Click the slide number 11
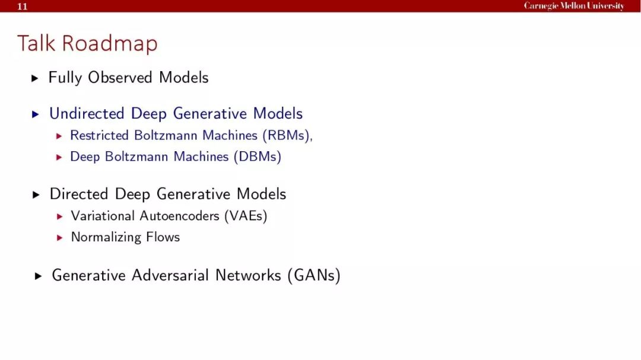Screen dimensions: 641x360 [22, 6]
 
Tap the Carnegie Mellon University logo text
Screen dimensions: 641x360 [574, 6]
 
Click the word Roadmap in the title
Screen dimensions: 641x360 [110, 44]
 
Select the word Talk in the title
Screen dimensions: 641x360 [36, 43]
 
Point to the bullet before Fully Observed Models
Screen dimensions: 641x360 [35, 78]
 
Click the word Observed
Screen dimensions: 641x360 [120, 77]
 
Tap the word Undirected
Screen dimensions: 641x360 [87, 113]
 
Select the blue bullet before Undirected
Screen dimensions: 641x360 [36, 114]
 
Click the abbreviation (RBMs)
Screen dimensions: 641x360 [286, 135]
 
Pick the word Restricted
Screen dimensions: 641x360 [99, 135]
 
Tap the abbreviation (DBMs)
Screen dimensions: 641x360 [258, 157]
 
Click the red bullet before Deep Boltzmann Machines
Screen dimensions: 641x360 [59, 157]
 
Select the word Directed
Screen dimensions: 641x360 [79, 194]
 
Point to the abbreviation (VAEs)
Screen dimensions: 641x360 [246, 216]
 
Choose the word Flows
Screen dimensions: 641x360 [163, 237]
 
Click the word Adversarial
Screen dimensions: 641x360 [170, 275]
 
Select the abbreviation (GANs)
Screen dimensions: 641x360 [314, 275]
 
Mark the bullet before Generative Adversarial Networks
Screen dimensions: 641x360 [39, 276]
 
